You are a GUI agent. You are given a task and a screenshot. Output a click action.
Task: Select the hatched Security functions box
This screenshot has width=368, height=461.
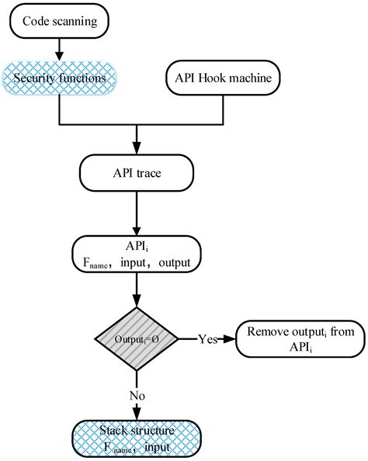tap(59, 78)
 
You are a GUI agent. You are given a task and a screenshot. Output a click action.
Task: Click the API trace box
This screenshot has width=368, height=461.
tap(137, 173)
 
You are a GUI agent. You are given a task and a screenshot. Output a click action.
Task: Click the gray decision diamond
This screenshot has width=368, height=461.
tap(137, 339)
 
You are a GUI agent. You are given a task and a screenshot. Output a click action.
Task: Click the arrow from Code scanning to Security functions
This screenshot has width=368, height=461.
tap(59, 49)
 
